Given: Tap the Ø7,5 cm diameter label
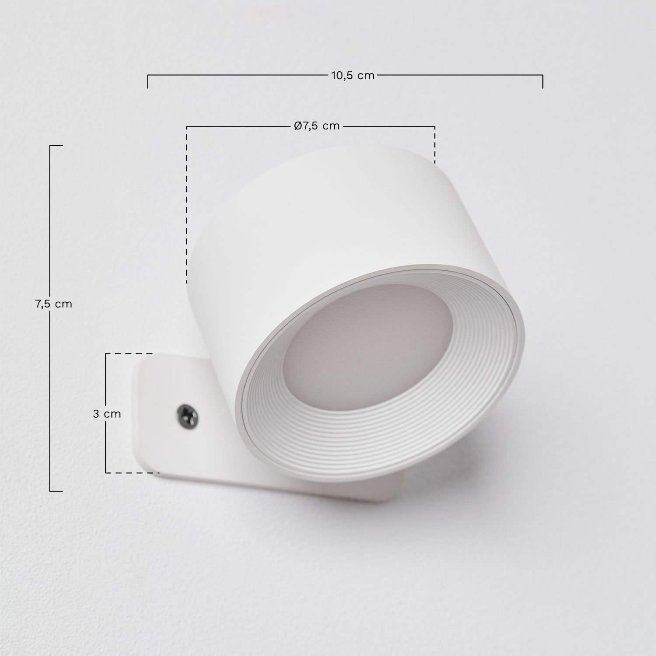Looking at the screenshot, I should pos(317,126).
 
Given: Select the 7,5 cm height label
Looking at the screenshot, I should pos(53,304).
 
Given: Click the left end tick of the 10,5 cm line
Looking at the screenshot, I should pos(148,81).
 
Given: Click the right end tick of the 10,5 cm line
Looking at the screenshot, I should pos(543,81).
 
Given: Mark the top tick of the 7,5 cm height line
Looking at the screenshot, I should pos(56,146).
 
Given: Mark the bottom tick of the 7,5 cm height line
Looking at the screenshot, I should pos(56,491).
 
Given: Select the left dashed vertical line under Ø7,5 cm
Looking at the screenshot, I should pos(187,206).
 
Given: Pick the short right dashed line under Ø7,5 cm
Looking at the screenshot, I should pos(435,144).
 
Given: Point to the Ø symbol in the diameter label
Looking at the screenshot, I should pos(297,126).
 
